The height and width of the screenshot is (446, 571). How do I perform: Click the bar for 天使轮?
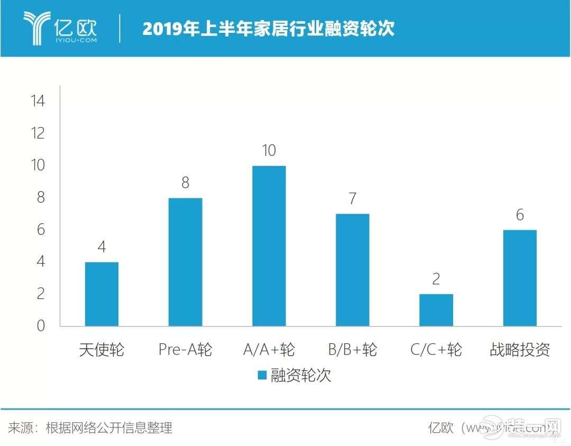coord(102,294)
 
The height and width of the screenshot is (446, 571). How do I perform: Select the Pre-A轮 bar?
coord(185,262)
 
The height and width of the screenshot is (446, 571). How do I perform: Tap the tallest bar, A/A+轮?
coord(269,246)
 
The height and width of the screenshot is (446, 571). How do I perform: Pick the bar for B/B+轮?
coord(352,270)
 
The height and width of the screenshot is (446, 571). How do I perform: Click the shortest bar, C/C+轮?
coord(436,310)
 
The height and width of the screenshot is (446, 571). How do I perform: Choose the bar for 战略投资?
coord(520,278)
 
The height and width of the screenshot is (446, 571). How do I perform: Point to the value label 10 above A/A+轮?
coord(269,151)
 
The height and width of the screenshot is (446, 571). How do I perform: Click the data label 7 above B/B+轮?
coord(353,199)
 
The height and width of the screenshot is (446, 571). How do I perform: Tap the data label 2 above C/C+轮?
coord(436,279)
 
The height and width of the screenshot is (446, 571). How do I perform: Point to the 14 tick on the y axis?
coord(39,101)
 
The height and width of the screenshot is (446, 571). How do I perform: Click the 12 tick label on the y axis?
coord(39,133)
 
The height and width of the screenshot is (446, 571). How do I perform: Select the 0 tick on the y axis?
coord(41,326)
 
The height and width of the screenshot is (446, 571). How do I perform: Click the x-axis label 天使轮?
coord(102,350)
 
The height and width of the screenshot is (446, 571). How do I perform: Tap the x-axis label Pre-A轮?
coord(185,350)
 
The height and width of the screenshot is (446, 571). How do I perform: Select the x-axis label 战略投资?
coord(520,350)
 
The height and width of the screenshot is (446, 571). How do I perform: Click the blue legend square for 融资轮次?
coord(261,376)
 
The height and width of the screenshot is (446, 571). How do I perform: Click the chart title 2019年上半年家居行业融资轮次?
coord(269,29)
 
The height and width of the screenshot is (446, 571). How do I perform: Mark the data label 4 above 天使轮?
coord(102,247)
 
